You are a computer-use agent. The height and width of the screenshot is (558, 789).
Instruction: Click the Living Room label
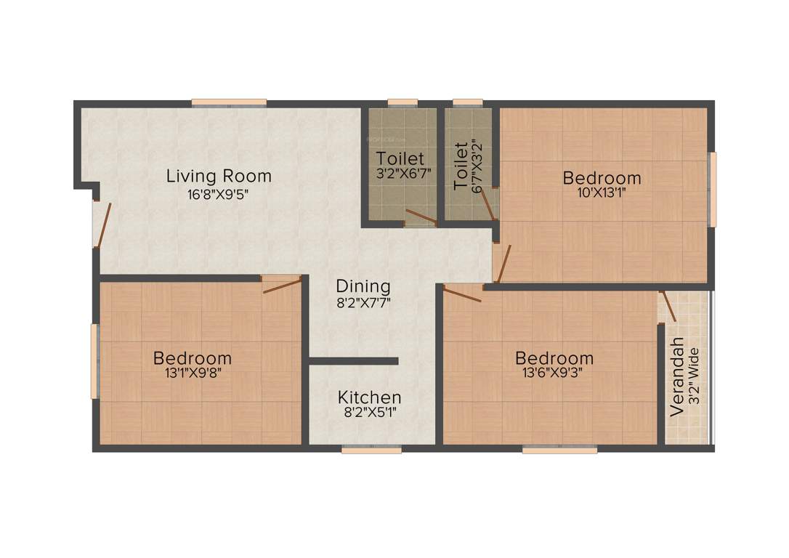(x=219, y=176)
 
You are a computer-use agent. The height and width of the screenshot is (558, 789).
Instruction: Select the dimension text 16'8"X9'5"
(x=219, y=194)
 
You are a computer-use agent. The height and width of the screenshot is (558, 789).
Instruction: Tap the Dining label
(x=363, y=286)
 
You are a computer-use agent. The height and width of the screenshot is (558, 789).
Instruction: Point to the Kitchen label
(x=369, y=397)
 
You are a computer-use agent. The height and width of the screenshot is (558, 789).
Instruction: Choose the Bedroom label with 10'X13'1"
(x=602, y=177)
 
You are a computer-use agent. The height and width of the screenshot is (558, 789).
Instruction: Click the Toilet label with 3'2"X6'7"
(x=400, y=158)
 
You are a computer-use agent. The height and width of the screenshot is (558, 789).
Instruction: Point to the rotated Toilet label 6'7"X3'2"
(x=461, y=166)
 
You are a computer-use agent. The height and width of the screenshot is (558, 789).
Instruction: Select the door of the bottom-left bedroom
(x=282, y=284)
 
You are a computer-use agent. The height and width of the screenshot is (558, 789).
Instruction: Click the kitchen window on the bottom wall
(x=371, y=450)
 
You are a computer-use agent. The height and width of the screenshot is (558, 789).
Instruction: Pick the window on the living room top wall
(x=229, y=102)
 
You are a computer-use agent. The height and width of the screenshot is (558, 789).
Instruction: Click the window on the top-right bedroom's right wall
(x=713, y=189)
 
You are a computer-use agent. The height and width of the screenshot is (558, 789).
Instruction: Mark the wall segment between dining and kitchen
(x=354, y=360)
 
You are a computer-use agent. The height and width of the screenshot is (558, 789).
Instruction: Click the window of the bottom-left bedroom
(x=94, y=361)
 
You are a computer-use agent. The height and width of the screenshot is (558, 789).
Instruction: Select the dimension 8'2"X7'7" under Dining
(x=363, y=304)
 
